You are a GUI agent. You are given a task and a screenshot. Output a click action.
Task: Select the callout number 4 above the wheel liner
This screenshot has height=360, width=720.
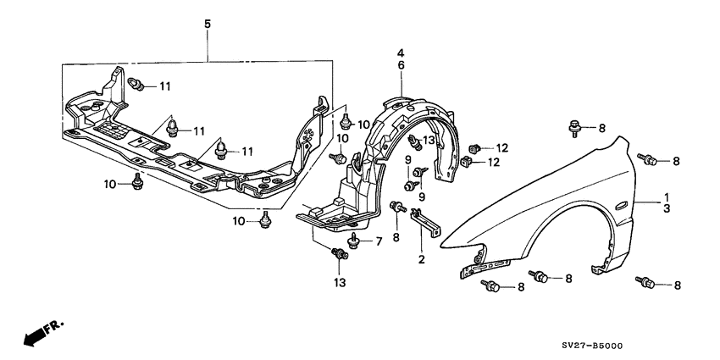tap(402, 53)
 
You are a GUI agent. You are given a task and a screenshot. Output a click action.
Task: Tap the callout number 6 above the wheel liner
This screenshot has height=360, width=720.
tap(402, 65)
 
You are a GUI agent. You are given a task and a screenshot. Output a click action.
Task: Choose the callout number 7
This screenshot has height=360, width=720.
tap(379, 241)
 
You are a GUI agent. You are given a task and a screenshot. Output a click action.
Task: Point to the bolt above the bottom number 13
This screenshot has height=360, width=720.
tap(341, 252)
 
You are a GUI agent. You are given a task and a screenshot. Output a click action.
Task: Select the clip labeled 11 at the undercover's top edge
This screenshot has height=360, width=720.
tap(141, 84)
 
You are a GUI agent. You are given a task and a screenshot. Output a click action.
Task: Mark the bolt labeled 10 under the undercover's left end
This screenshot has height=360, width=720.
tap(136, 183)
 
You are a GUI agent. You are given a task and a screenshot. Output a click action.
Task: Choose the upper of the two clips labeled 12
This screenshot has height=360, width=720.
tap(476, 149)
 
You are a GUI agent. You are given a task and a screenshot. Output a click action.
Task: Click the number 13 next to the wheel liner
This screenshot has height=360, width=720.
tap(429, 140)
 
